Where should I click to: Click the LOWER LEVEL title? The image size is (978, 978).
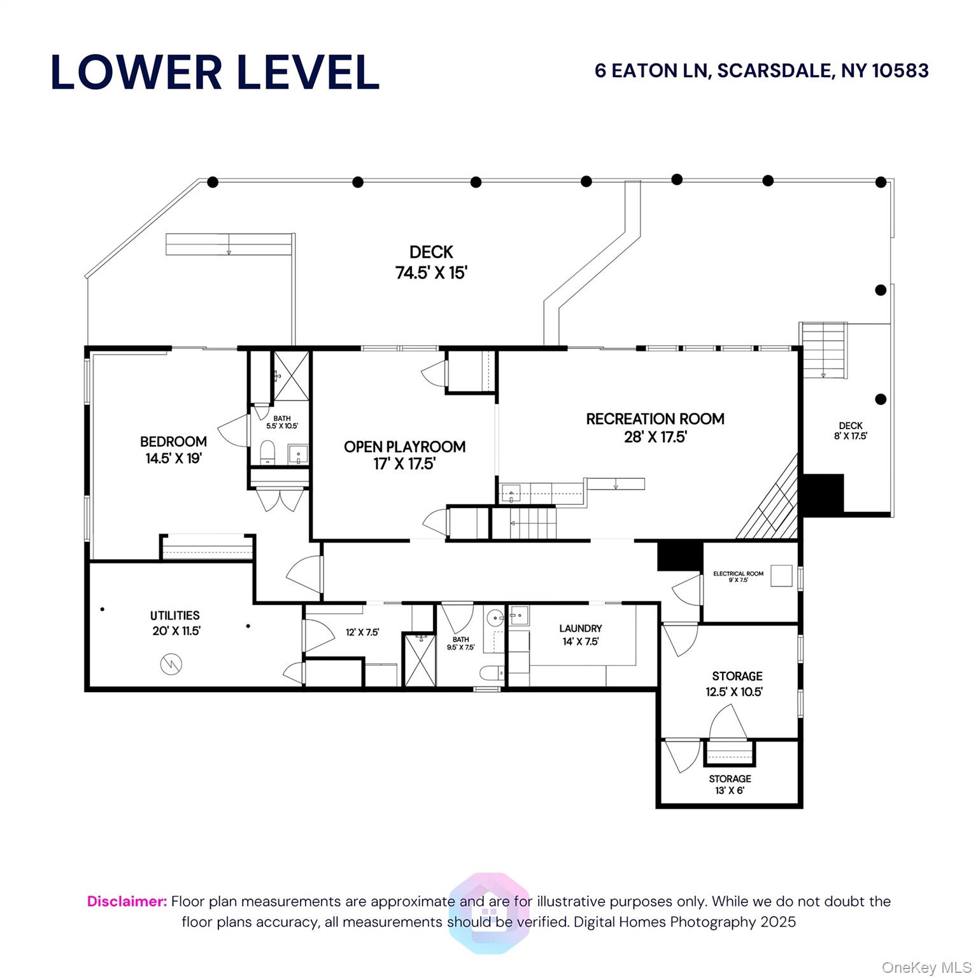click(215, 72)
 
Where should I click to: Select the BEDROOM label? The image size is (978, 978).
click(173, 441)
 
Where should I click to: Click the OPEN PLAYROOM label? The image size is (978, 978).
click(404, 446)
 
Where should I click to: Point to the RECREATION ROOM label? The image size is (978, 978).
click(655, 419)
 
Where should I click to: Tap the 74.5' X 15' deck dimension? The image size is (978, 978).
click(432, 273)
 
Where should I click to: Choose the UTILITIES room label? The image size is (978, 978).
click(175, 615)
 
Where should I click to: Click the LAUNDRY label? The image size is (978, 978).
click(581, 628)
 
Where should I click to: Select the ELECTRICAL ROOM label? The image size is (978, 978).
click(739, 574)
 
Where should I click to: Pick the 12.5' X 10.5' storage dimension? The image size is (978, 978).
click(734, 691)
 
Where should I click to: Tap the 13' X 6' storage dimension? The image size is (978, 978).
click(730, 791)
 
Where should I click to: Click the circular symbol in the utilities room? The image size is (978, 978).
click(171, 664)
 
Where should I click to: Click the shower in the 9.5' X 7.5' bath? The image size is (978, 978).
click(420, 659)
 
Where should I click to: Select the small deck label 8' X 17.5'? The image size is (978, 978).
click(851, 436)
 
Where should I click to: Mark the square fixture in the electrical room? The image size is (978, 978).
click(782, 576)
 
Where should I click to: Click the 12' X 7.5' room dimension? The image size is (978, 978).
click(362, 632)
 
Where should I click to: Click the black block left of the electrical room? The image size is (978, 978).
click(679, 556)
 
